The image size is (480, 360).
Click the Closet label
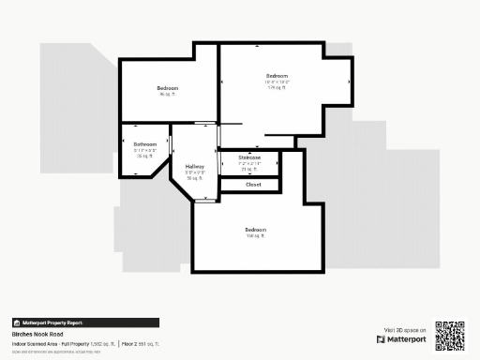(253, 185)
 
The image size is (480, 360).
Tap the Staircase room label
(249, 157)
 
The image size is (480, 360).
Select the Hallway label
(194, 166)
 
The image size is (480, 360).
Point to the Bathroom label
(145, 144)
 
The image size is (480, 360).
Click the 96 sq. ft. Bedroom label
(168, 89)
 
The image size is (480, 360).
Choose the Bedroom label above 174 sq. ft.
(277, 76)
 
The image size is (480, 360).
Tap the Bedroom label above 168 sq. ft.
(255, 230)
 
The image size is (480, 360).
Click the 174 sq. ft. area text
(277, 88)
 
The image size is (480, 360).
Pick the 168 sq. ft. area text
(255, 236)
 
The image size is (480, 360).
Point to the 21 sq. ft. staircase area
(249, 169)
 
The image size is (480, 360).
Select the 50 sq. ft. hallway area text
(194, 178)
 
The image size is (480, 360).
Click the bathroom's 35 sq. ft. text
(145, 157)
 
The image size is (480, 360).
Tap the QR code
(450, 335)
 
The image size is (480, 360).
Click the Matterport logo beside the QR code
(405, 339)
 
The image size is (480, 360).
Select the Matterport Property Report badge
(47, 322)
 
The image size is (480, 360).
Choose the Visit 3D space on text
(406, 330)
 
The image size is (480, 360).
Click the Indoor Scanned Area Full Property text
(62, 344)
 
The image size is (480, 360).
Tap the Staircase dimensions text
(249, 163)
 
